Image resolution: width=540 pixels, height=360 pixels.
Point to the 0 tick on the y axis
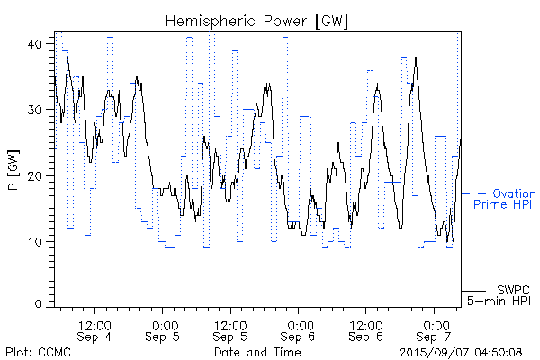pos(39,304)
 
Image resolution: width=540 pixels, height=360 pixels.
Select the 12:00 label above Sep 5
pos(230,324)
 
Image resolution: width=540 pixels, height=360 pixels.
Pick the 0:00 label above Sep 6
pos(300,324)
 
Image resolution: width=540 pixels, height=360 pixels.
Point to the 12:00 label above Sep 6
pos(367,324)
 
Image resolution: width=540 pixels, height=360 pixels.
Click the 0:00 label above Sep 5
pos(163,324)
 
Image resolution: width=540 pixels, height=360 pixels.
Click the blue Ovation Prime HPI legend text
pos(507,199)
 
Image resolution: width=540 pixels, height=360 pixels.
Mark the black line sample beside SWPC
pos(473,292)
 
